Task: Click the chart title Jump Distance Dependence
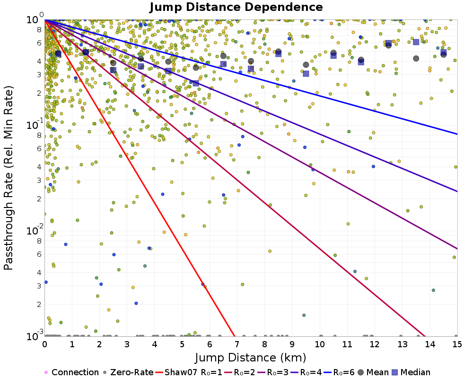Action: [236, 7]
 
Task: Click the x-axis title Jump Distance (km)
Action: [251, 358]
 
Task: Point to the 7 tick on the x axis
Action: [237, 344]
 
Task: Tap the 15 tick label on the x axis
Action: [457, 344]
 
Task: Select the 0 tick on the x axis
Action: [44, 344]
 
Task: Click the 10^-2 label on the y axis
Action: [35, 230]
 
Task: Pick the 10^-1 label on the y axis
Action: [35, 124]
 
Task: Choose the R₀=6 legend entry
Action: [339, 372]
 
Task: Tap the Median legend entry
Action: [411, 372]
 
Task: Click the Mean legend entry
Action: [373, 372]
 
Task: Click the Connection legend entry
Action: [71, 372]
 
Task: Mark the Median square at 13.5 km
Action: [416, 42]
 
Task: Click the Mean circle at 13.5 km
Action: [416, 58]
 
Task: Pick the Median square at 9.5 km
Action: [306, 73]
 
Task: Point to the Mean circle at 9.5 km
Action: [306, 65]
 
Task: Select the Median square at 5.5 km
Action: [196, 83]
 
